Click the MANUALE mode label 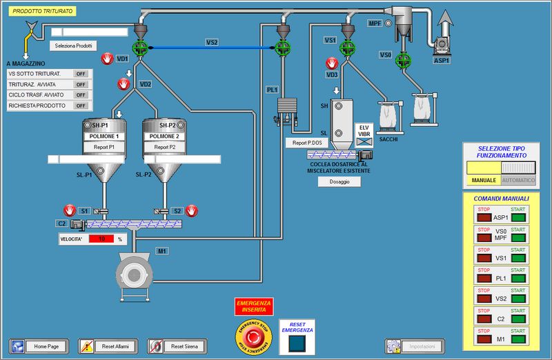pos(484,181)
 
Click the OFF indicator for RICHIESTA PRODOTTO pos(81,106)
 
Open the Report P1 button pos(105,147)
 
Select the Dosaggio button pos(339,182)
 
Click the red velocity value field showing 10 pos(101,239)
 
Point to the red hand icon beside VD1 pos(106,59)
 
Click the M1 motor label pos(162,251)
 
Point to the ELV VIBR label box pos(364,130)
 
